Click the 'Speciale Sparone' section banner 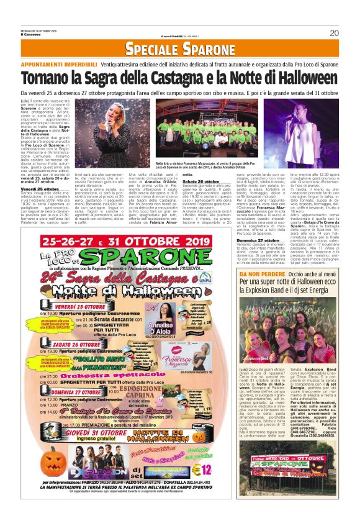coord(180,50)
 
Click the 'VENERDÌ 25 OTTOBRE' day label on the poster coord(81,307)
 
